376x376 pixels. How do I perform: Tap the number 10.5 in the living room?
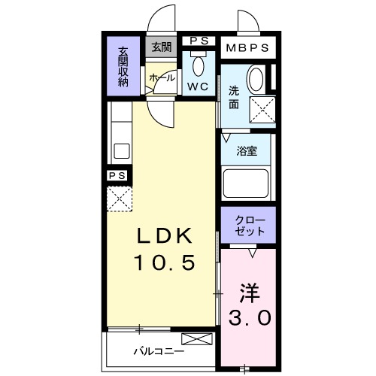166,262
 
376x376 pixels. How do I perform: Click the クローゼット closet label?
249,225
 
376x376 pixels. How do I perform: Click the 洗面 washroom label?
234,99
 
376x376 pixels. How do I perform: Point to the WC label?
199,86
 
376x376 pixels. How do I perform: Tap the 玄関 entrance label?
161,47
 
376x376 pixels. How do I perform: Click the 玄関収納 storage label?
123,67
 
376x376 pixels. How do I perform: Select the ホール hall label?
162,77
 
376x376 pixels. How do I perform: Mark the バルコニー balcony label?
159,350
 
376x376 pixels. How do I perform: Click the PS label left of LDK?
117,175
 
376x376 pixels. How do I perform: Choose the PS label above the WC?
199,41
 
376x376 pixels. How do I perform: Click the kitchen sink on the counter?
121,150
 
